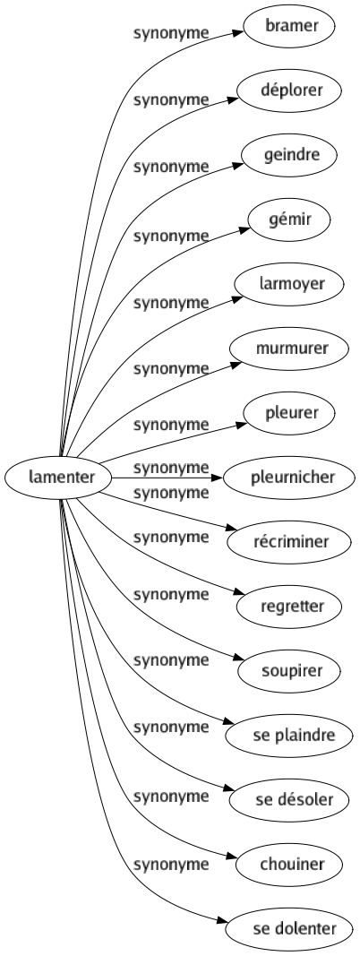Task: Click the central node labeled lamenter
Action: (56, 478)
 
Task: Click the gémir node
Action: (287, 218)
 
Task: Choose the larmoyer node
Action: (287, 283)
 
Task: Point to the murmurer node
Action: (287, 348)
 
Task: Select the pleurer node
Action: (287, 413)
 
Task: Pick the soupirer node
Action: (287, 671)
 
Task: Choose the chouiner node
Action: (287, 865)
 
